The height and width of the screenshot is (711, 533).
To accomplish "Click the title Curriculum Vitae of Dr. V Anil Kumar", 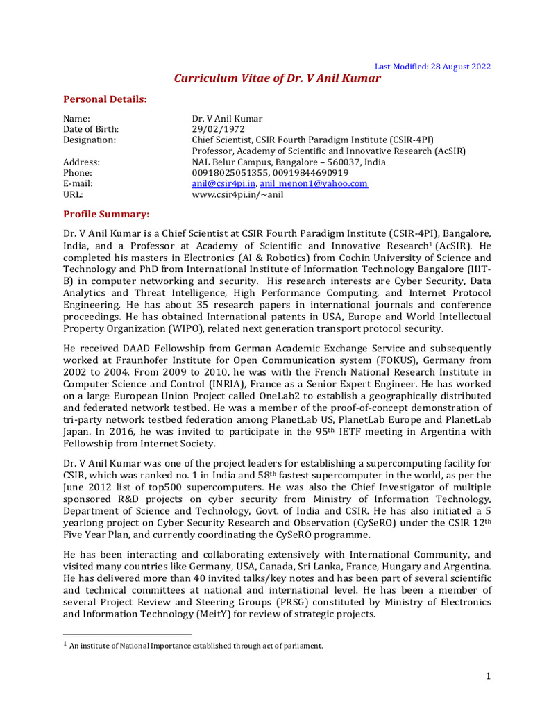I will pos(277,78).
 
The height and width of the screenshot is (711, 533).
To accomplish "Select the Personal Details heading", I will pos(105,99).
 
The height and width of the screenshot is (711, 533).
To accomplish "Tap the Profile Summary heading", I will pos(106,213).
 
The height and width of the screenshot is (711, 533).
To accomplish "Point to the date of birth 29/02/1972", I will pos(218,129).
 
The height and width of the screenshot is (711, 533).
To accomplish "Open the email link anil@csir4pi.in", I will pos(224,183).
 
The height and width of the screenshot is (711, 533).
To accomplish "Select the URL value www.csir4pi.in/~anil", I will pos(237,194).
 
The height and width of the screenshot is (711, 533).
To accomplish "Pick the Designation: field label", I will pos(90,140).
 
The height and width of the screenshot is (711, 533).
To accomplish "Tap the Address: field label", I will pos(82,162).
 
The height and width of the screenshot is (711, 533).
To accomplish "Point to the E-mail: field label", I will pos(78,183).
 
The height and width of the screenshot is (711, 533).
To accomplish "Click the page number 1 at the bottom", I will pos(489,676).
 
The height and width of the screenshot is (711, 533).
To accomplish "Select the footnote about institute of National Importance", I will pos(196,646).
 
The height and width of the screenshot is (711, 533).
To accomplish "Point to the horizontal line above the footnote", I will pos(127,634).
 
